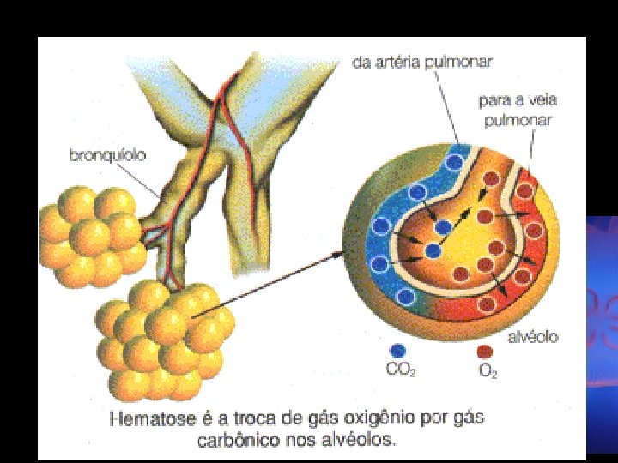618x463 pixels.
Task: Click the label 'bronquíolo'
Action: tap(107, 156)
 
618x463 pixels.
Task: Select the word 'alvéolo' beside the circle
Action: tap(532, 337)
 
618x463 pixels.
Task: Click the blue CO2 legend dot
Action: tap(397, 350)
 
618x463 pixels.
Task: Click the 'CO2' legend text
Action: tap(399, 372)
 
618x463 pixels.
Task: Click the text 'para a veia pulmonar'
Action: tap(515, 111)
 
